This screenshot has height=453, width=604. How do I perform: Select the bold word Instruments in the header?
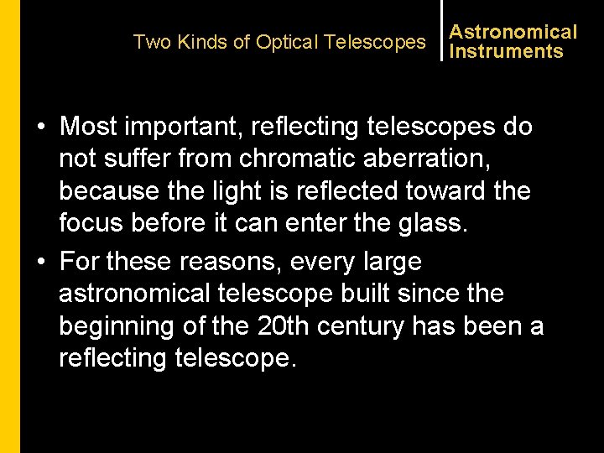pyautogui.click(x=506, y=51)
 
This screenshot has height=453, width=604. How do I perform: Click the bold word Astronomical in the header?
pyautogui.click(x=513, y=32)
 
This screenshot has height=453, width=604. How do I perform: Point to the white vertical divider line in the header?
pyautogui.click(x=441, y=30)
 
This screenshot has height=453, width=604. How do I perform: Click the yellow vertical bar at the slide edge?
pyautogui.click(x=9, y=226)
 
